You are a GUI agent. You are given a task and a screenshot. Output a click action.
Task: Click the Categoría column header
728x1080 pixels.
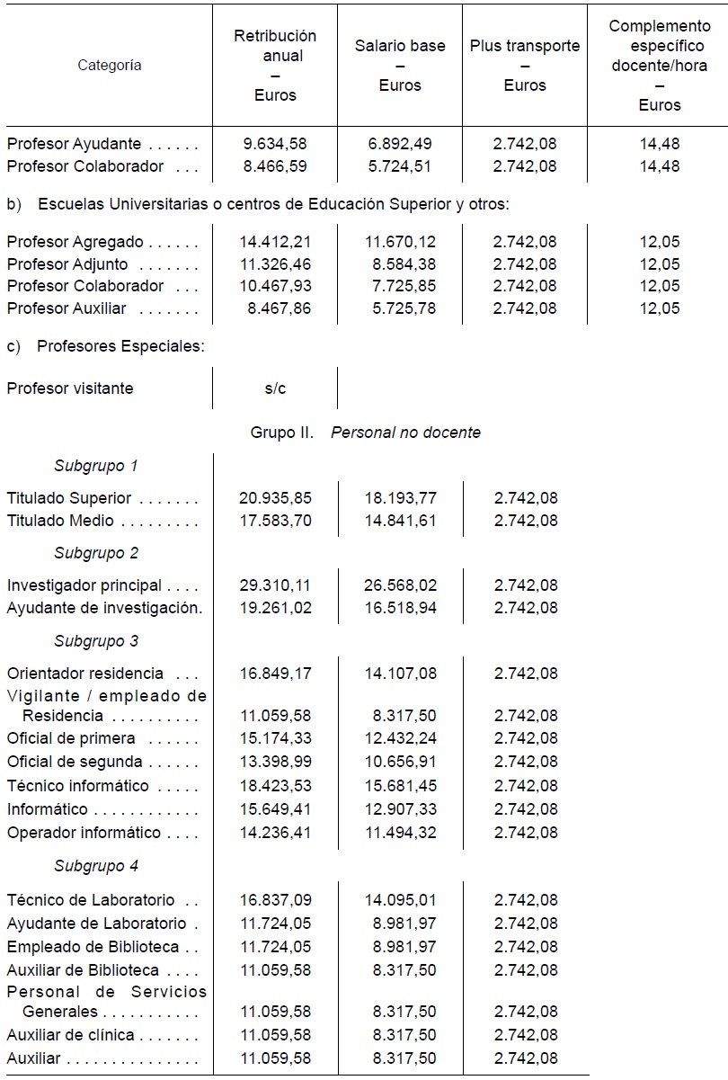pyautogui.click(x=109, y=65)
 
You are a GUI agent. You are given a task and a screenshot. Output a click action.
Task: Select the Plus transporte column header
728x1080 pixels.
pyautogui.click(x=525, y=66)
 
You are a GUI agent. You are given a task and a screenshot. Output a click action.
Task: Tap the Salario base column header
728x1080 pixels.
pyautogui.click(x=400, y=66)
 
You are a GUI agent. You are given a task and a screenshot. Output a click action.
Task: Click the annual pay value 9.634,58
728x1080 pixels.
pyautogui.click(x=275, y=143)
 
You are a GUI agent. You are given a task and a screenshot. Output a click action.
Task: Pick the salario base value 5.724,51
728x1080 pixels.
pyautogui.click(x=400, y=166)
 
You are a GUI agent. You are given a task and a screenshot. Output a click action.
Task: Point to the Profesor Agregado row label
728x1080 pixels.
pyautogui.click(x=75, y=242)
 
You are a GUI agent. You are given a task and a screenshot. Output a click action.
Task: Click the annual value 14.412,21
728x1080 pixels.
pyautogui.click(x=275, y=242)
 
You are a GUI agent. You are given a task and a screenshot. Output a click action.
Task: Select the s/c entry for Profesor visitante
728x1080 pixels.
pyautogui.click(x=275, y=388)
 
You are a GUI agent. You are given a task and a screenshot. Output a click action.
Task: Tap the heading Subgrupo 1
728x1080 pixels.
pyautogui.click(x=96, y=466)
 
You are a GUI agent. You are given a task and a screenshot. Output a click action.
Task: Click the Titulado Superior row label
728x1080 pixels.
pyautogui.click(x=69, y=498)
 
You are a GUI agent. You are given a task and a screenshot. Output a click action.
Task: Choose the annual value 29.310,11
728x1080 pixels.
pyautogui.click(x=275, y=585)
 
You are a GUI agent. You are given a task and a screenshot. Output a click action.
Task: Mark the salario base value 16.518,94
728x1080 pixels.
pyautogui.click(x=400, y=608)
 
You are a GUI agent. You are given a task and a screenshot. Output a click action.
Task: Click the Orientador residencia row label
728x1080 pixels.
pyautogui.click(x=85, y=674)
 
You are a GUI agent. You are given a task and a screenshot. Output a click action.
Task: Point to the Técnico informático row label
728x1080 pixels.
pyautogui.click(x=78, y=786)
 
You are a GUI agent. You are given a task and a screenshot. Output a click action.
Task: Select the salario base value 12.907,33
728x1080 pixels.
pyautogui.click(x=400, y=809)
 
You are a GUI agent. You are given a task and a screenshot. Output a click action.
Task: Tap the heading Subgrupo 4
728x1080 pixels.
pyautogui.click(x=96, y=867)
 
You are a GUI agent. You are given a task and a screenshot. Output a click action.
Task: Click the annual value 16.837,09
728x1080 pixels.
pyautogui.click(x=275, y=900)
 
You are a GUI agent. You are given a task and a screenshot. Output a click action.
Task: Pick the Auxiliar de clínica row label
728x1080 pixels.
pyautogui.click(x=72, y=1035)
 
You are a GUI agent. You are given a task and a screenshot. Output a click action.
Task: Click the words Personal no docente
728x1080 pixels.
pyautogui.click(x=405, y=433)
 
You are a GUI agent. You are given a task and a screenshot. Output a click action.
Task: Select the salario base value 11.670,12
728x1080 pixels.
pyautogui.click(x=400, y=242)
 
